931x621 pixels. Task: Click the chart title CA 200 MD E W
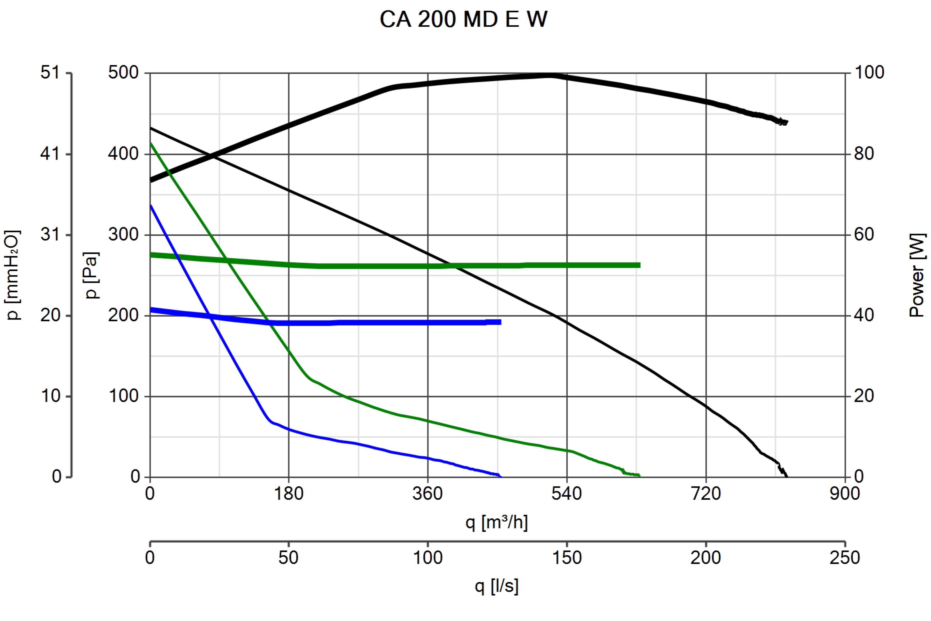click(463, 19)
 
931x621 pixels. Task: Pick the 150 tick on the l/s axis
click(567, 558)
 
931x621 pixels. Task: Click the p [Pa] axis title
click(92, 275)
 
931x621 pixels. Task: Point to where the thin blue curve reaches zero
click(501, 476)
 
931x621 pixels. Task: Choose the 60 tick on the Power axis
click(864, 234)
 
